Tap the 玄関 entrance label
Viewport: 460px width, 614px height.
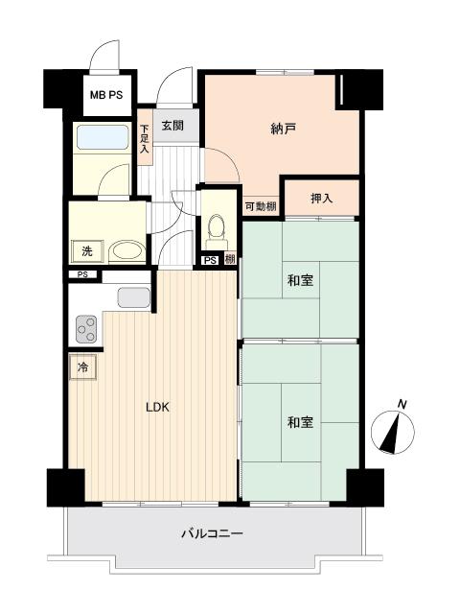[172, 124]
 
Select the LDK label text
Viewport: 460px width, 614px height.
[157, 407]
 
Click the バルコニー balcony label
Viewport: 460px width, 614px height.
[213, 532]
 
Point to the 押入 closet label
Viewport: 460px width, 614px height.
[322, 199]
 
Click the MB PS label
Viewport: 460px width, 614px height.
[105, 95]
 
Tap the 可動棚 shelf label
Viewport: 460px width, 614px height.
[260, 206]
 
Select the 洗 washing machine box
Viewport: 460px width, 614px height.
[87, 251]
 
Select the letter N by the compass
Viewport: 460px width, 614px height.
[402, 404]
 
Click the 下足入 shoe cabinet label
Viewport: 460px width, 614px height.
[145, 138]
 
